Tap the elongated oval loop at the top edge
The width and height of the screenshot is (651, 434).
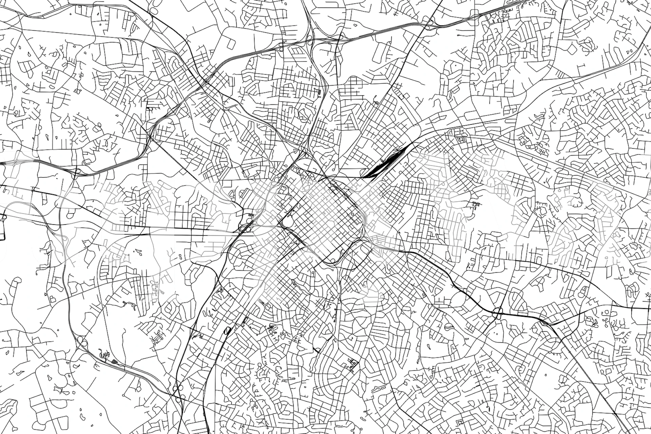point(153,10)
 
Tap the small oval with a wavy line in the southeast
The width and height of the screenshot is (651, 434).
point(448,327)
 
